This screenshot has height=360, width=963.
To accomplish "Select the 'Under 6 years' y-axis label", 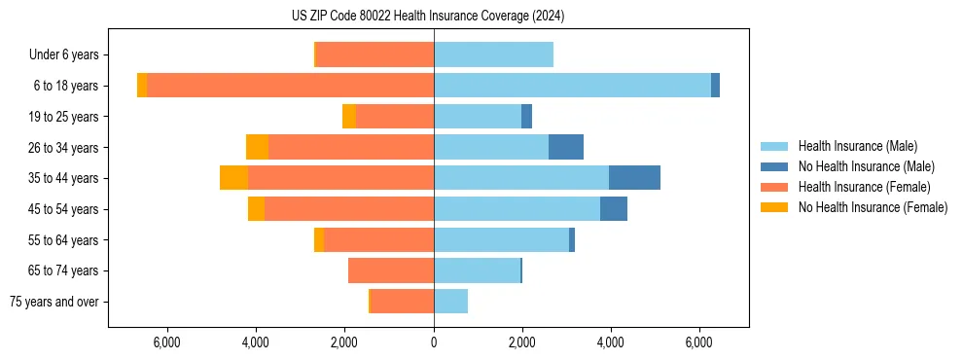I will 70,54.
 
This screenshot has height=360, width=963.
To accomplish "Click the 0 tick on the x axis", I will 434,342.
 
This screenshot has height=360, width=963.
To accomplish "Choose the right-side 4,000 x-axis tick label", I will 611,342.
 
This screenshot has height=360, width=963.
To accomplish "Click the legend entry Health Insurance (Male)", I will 857,146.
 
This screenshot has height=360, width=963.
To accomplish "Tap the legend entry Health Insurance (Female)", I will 864,187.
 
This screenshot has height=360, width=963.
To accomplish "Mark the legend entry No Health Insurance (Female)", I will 872,207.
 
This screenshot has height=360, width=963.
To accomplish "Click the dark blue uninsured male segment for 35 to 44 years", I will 634,178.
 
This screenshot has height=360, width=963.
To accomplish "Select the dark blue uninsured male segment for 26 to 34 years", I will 566,147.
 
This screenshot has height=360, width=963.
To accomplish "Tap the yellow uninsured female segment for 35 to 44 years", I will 233,178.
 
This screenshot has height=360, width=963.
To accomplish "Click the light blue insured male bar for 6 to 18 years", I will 572,86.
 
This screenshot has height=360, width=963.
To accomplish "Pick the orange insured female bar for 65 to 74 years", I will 391,270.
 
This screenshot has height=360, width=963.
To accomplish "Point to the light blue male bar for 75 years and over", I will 450,302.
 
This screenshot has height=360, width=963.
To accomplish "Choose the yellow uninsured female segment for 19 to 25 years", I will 349,117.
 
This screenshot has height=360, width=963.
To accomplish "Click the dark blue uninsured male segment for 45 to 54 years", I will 614,209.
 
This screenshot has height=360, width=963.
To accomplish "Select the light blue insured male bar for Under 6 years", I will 493,54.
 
